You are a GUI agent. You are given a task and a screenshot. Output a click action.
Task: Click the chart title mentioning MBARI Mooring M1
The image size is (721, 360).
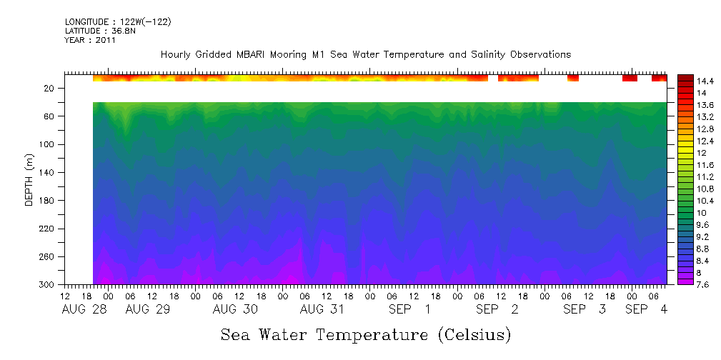[x=365, y=54]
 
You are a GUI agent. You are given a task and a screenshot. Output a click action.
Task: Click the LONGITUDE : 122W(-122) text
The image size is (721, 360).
[x=117, y=22]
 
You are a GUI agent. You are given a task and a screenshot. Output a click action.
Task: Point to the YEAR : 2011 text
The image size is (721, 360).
[x=90, y=41]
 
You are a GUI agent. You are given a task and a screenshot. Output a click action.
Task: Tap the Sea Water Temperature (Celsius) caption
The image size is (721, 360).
[x=366, y=334]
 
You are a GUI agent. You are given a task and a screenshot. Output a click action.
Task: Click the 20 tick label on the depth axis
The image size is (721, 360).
[x=50, y=88]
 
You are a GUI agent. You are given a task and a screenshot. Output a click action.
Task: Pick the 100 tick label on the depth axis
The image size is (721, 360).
[x=48, y=144]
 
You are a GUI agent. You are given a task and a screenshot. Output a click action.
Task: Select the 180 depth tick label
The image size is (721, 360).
[x=48, y=201]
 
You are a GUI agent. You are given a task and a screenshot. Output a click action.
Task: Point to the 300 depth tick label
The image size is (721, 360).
[x=48, y=285]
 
